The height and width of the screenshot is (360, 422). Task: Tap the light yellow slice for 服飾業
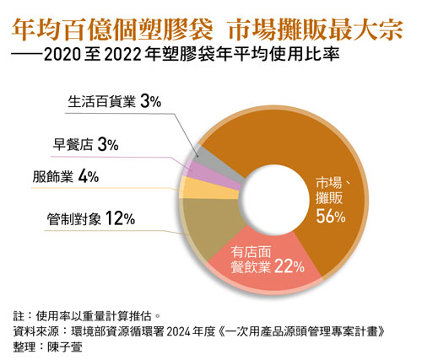[x=186, y=185]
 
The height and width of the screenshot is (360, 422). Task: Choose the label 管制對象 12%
[x=91, y=220]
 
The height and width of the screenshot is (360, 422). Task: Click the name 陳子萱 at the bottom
[x=81, y=346]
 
